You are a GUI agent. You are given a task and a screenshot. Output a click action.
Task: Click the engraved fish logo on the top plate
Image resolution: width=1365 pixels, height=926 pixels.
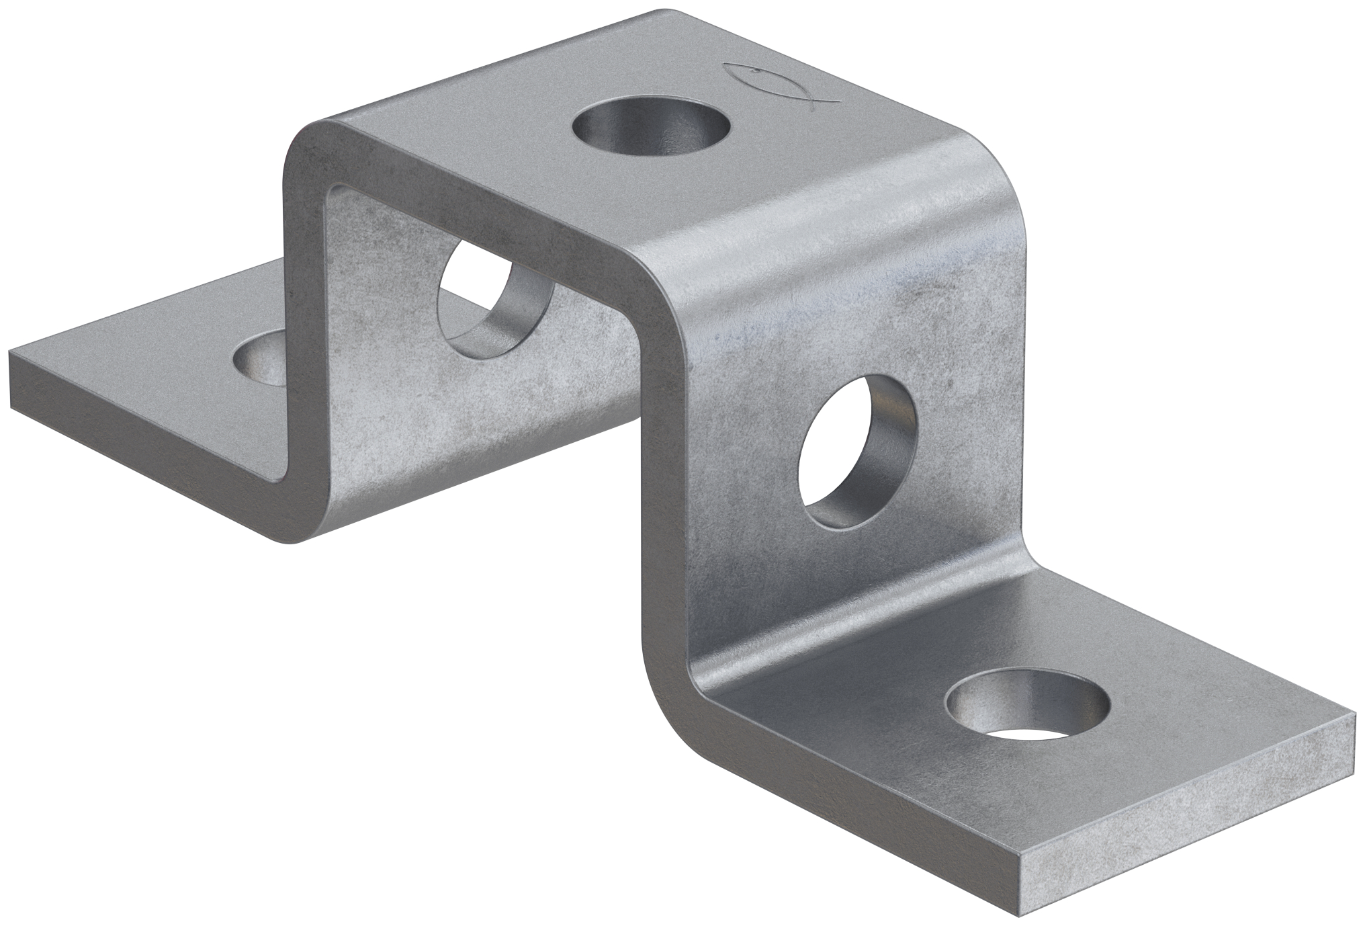coord(779,84)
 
